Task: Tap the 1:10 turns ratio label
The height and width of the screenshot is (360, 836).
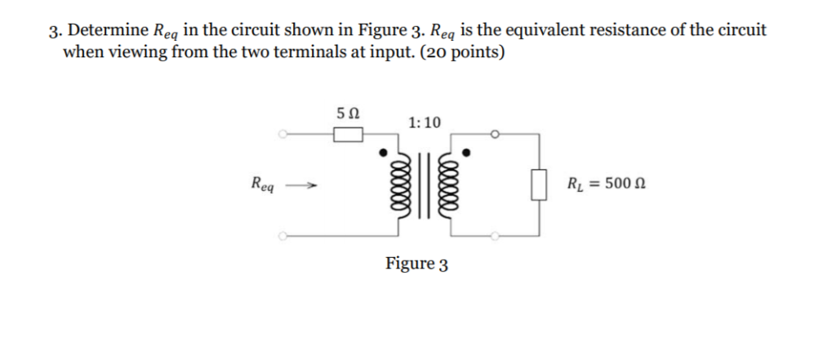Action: [425, 122]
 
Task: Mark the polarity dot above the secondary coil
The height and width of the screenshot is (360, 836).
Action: [466, 152]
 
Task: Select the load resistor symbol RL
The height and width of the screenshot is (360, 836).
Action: [537, 184]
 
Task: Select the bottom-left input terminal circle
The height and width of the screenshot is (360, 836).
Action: [282, 237]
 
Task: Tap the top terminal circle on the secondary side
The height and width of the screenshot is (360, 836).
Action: [495, 134]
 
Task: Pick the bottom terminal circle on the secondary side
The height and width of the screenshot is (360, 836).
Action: [495, 237]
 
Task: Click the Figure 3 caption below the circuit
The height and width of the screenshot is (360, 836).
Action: [417, 264]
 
